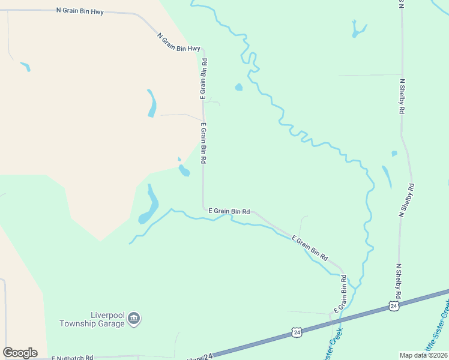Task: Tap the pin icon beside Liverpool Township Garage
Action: pos(134,318)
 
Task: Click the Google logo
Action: pos(20,352)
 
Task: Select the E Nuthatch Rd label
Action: pos(72,358)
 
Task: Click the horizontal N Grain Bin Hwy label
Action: pos(80,11)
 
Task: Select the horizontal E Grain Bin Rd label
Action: pos(229,211)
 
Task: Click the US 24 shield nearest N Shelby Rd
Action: pos(393,306)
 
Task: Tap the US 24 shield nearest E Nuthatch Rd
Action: pos(297,332)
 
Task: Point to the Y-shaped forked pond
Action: pos(359,29)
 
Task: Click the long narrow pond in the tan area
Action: pos(152,103)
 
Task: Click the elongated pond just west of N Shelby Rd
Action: pos(387,176)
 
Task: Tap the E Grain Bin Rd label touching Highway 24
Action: pos(340,293)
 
